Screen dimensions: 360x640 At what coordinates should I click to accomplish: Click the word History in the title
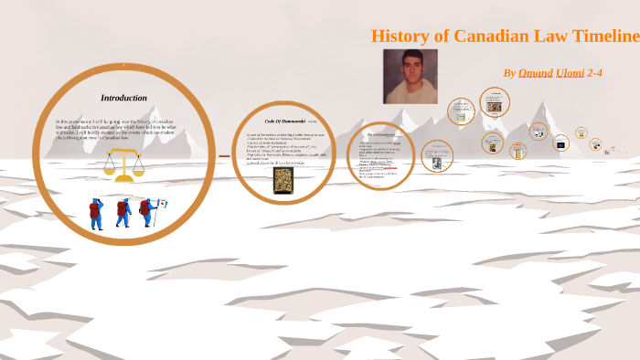click(400, 37)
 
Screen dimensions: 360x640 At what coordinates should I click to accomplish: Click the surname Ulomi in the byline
click(570, 72)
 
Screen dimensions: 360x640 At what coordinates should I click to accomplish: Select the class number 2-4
click(595, 72)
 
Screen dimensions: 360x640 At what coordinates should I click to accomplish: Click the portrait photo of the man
click(410, 76)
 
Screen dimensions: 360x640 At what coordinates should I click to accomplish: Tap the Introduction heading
click(123, 98)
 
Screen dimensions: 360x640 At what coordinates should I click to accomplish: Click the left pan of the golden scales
click(110, 168)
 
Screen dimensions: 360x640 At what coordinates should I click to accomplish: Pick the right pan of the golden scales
click(137, 168)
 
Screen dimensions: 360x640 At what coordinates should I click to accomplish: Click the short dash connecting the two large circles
click(224, 156)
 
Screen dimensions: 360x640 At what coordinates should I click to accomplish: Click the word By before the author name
click(509, 72)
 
